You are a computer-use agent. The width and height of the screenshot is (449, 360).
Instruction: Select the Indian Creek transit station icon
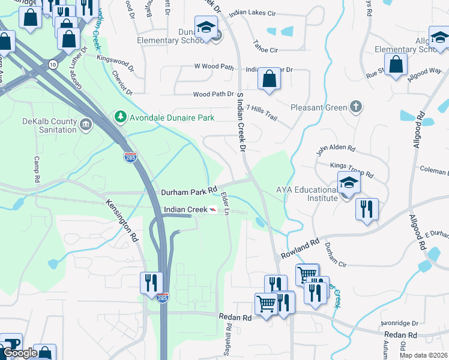(212, 209)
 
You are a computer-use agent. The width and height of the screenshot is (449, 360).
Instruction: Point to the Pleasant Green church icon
(356, 108)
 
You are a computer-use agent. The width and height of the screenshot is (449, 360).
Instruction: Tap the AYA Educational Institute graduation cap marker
(349, 184)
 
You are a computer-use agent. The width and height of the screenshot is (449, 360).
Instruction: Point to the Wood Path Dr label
(213, 94)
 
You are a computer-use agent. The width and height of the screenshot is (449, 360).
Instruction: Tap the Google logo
(20, 353)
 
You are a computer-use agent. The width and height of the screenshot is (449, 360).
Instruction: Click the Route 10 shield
(53, 64)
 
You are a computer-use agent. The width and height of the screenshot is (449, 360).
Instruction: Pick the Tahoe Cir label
(265, 50)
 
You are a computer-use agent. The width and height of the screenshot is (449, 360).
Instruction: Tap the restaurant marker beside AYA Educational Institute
(366, 209)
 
